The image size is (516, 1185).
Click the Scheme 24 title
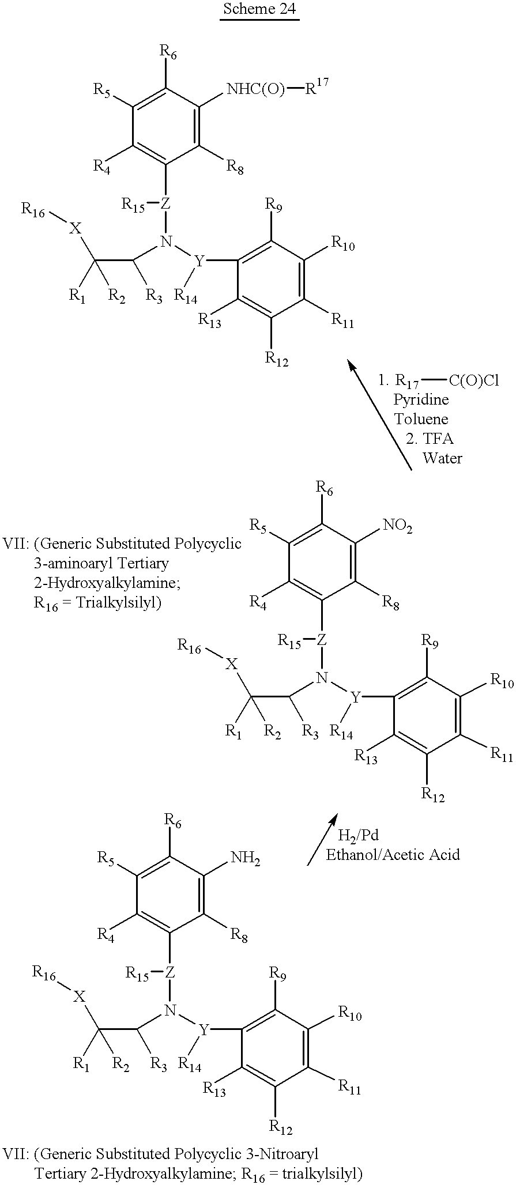(259, 10)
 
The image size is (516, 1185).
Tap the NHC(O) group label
(255, 89)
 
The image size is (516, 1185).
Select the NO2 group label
(397, 526)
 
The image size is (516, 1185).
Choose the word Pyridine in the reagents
(421, 399)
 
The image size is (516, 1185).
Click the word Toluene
(421, 418)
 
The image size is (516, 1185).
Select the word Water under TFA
(442, 458)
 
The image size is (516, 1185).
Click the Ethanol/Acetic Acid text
(393, 854)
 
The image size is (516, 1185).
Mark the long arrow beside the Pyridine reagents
(379, 415)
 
